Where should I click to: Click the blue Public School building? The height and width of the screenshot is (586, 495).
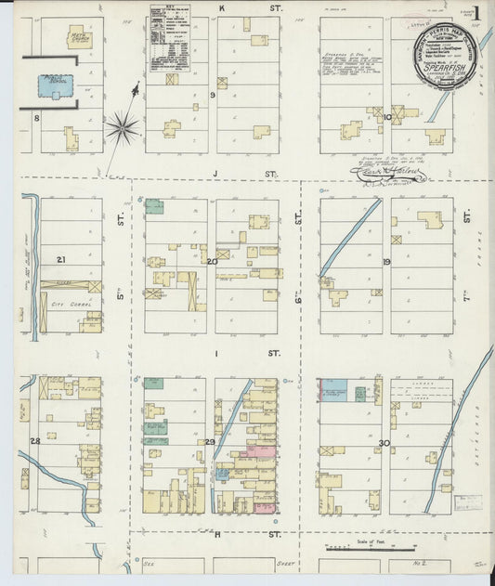(54, 88)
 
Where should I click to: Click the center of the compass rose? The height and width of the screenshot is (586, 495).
(122, 125)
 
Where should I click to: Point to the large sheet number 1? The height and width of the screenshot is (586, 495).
(475, 14)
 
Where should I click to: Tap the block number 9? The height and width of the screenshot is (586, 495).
(213, 95)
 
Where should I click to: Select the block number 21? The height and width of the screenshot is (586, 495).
(60, 259)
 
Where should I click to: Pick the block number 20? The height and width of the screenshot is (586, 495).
(212, 261)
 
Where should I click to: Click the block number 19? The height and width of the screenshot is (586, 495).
(385, 262)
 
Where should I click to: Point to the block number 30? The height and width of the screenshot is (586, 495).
(384, 443)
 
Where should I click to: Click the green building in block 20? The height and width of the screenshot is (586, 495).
(153, 206)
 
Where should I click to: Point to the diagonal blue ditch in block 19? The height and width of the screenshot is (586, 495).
(351, 237)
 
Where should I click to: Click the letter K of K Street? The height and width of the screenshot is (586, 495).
(221, 7)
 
